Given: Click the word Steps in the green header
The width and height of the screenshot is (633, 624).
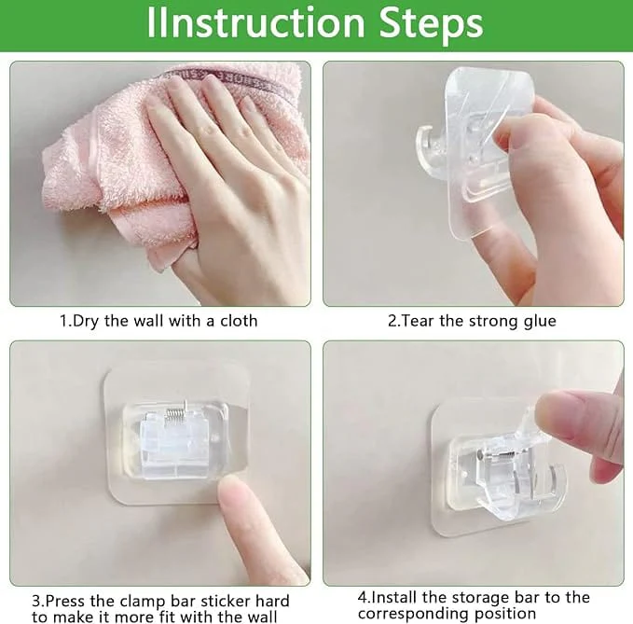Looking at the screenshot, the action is click(431, 24).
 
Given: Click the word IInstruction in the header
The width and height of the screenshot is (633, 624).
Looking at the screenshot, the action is click(256, 22).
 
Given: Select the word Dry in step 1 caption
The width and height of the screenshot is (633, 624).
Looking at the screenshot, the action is click(85, 322).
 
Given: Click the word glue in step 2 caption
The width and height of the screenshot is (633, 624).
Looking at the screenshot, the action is click(540, 322).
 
